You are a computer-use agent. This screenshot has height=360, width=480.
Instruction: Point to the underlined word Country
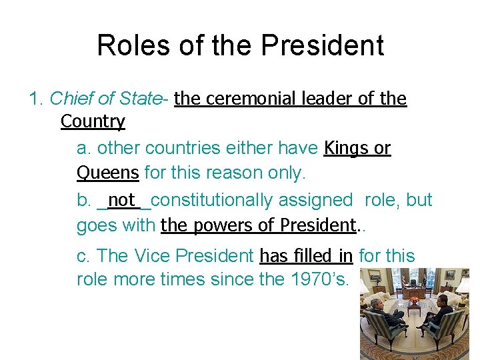93,121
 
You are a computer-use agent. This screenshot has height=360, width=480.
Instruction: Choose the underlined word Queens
107,173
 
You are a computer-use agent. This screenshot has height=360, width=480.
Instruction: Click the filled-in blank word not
121,199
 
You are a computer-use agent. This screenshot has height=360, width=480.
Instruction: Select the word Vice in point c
159,256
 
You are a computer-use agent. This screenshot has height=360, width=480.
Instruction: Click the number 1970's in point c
318,279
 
